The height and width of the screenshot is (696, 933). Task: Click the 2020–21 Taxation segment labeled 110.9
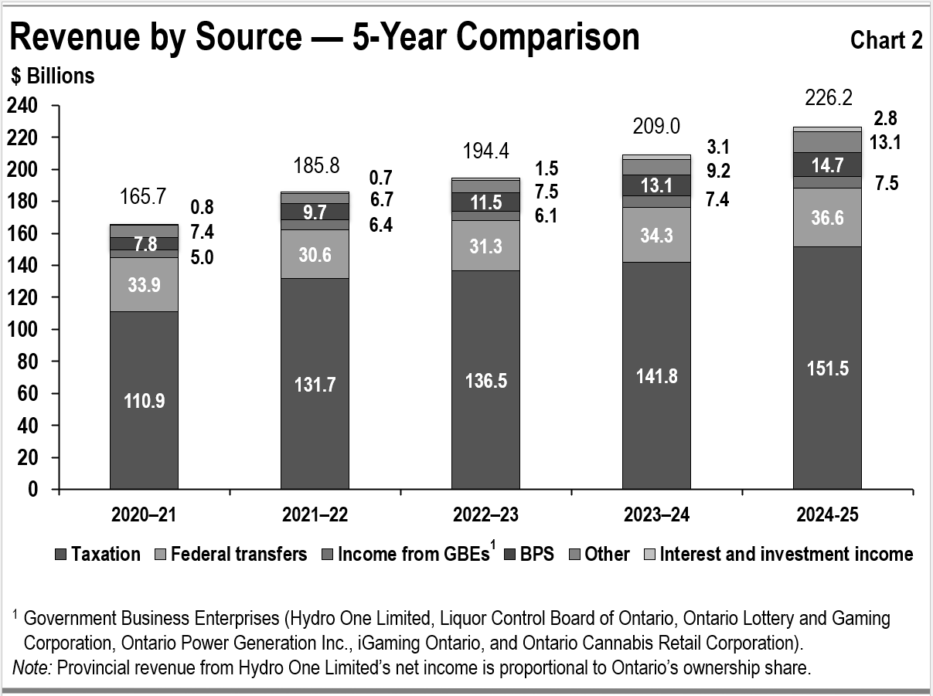(144, 400)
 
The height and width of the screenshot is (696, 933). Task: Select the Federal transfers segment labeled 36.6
(826, 218)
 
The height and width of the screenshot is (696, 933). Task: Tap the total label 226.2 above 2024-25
(826, 98)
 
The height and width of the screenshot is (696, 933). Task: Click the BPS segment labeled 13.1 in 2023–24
(656, 185)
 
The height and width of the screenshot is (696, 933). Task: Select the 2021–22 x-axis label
(315, 514)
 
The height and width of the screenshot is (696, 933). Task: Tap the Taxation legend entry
(98, 555)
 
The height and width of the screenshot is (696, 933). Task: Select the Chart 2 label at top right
(886, 40)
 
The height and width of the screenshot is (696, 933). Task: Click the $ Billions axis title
(53, 76)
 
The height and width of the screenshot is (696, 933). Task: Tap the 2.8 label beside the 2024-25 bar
(886, 118)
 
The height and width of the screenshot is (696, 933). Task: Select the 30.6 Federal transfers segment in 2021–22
(315, 254)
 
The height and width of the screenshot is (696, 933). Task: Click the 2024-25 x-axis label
(826, 514)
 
